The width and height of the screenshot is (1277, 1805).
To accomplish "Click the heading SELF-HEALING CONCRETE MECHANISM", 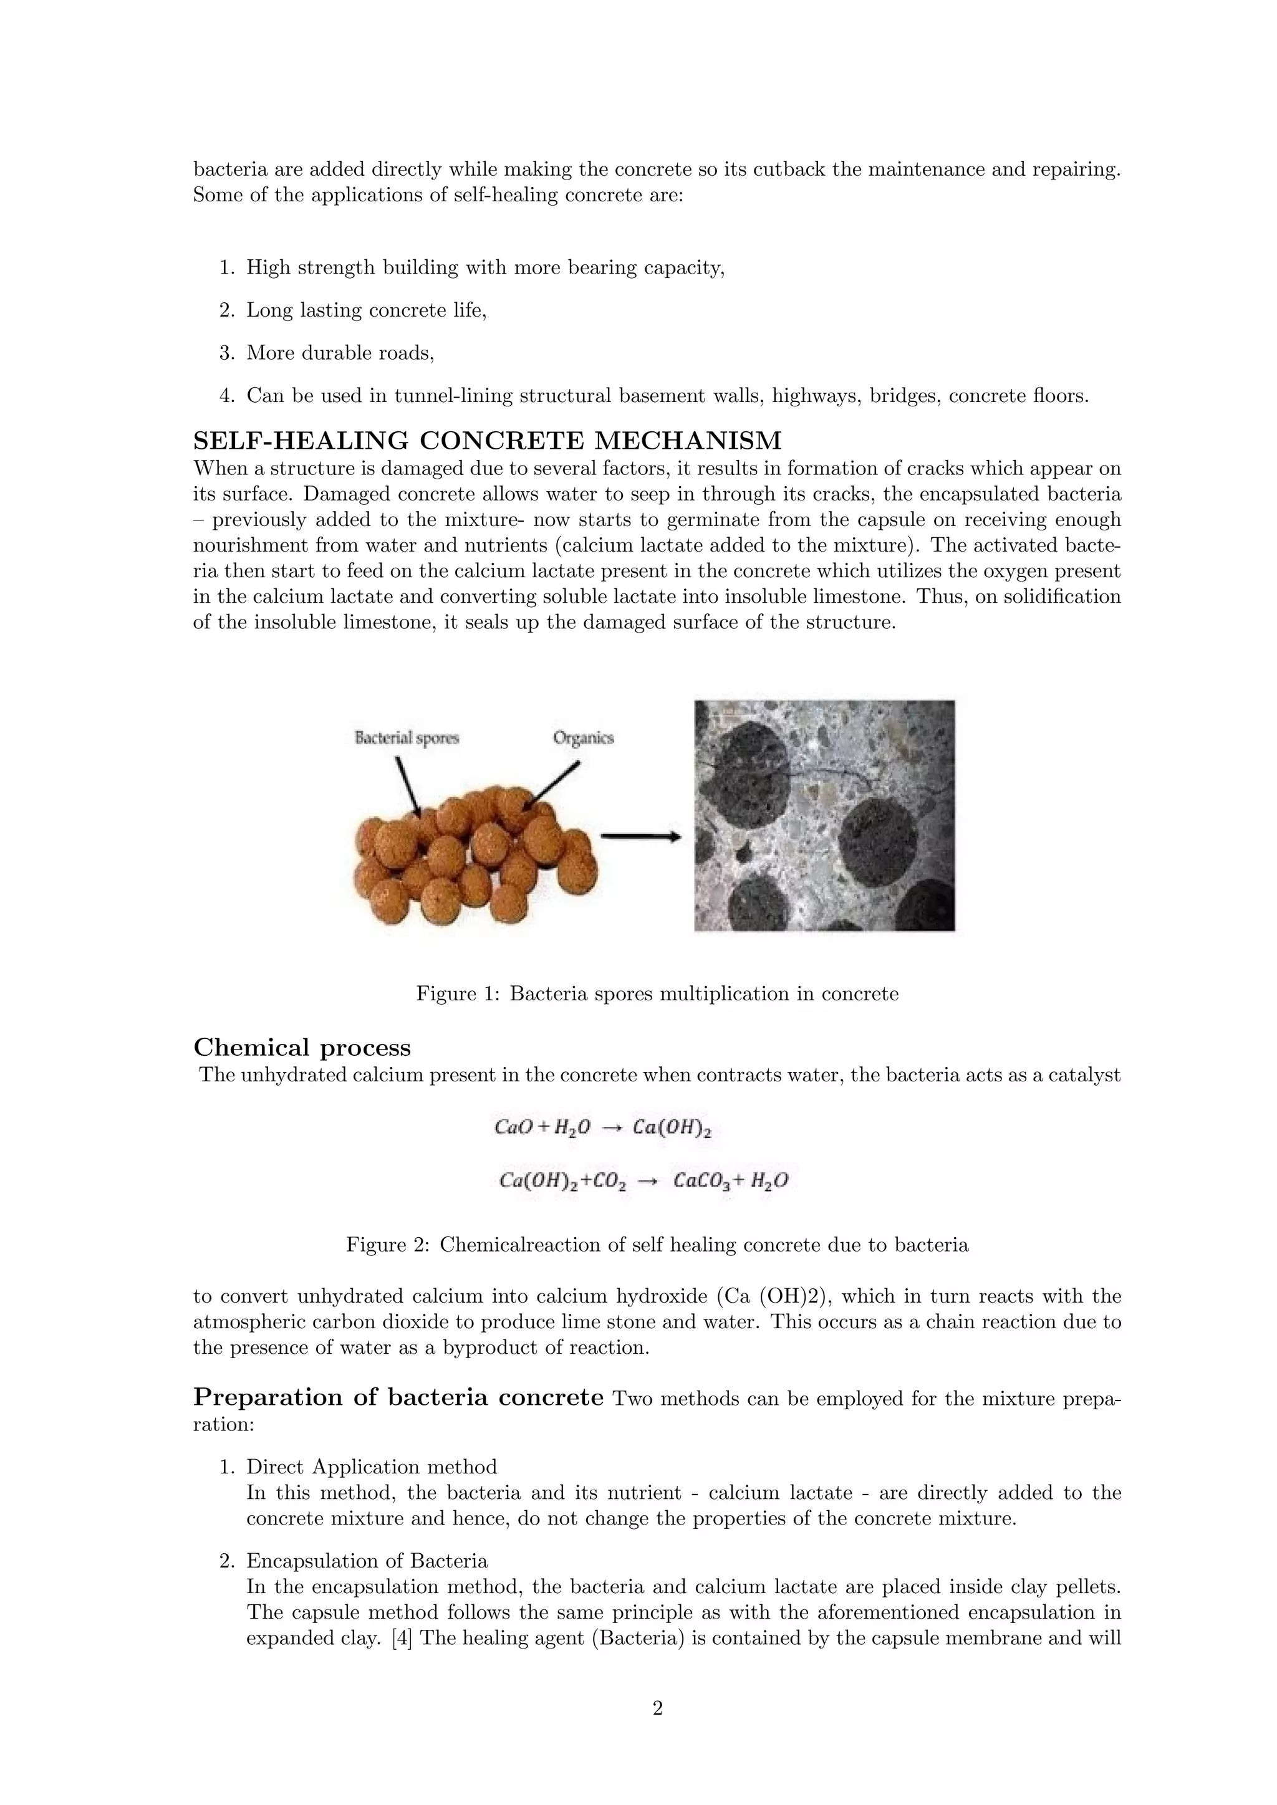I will (x=488, y=440).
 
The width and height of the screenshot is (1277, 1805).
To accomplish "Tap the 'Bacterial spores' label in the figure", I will (x=407, y=738).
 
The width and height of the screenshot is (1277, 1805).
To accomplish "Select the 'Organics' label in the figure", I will (x=584, y=738).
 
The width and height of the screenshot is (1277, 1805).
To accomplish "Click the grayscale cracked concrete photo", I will (x=824, y=815).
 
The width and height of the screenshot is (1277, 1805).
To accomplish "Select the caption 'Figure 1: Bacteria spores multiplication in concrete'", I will (x=657, y=993).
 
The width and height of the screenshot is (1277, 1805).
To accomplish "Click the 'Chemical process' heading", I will (x=302, y=1047).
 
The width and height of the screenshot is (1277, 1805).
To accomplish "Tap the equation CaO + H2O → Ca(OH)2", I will (x=602, y=1128).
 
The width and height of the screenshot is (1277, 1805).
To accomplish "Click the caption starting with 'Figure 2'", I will (x=657, y=1245).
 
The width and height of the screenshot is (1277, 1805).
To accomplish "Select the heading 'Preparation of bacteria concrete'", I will (x=398, y=1397).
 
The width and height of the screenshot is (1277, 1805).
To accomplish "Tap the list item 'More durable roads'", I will (x=340, y=353).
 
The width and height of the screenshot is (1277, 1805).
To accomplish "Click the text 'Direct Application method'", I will (x=372, y=1467).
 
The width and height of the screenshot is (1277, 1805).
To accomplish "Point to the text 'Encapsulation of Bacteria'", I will (x=367, y=1561).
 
